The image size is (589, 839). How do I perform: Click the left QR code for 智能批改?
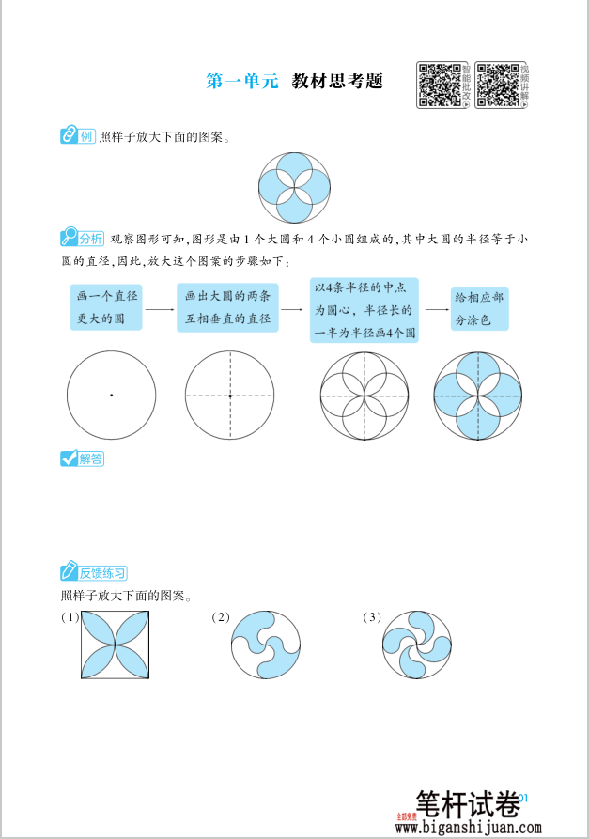point(439,85)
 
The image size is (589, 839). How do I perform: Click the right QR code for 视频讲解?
point(497,85)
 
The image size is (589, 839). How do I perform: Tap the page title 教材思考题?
point(337,81)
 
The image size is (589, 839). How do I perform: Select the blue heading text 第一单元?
point(242,81)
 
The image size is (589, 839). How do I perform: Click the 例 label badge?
point(78,136)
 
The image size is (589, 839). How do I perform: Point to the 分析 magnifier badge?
point(82,237)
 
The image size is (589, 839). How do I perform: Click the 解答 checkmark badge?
point(82,458)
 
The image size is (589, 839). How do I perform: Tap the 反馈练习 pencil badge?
point(93,572)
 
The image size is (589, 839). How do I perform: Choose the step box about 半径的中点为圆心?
point(364,309)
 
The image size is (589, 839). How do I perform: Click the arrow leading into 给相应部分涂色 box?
point(434,308)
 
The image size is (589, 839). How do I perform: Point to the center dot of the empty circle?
point(111,395)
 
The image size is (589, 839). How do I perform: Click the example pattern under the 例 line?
point(294,185)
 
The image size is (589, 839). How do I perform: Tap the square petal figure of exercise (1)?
point(115,645)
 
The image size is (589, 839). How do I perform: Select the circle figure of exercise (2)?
point(267,645)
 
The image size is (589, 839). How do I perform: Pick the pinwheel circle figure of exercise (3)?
point(417,645)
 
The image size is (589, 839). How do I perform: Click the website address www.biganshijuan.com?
point(468,828)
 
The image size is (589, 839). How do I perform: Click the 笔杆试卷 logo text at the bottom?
point(467,804)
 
